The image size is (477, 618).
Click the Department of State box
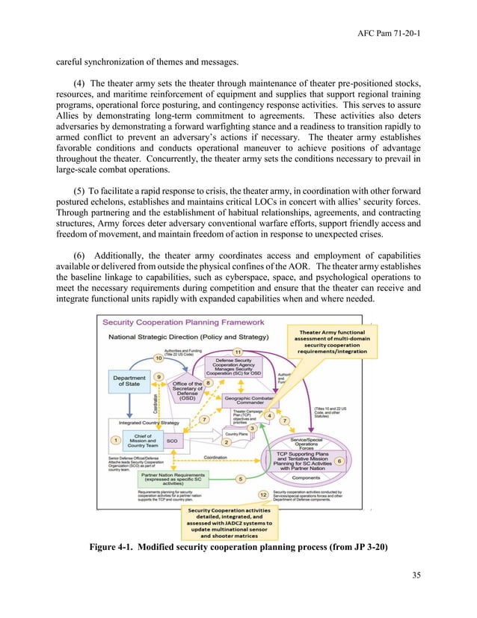click(129, 381)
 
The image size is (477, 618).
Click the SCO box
click(172, 442)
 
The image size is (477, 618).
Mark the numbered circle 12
click(262, 495)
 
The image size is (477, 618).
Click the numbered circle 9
click(159, 377)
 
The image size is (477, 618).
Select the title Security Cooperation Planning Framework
click(183, 322)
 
